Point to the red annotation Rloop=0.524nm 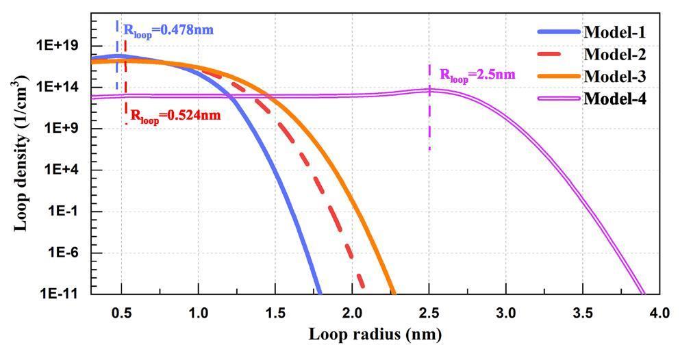(175, 115)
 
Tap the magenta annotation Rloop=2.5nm (477, 75)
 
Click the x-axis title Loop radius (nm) (375, 335)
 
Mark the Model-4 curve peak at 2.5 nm (429, 90)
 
